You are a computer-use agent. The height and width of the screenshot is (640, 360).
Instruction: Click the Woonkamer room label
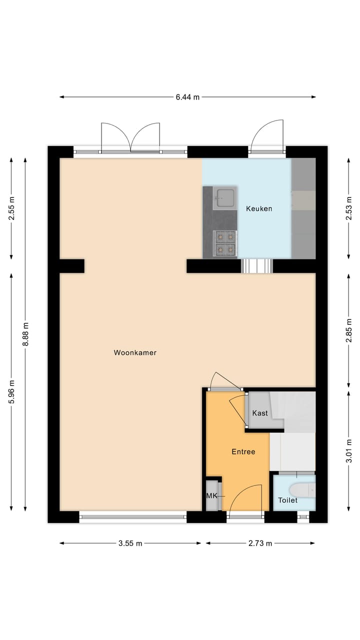(x=135, y=352)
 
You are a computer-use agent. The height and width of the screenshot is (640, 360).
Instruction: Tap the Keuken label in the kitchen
(x=259, y=208)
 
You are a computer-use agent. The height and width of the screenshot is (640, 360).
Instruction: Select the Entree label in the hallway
(x=243, y=451)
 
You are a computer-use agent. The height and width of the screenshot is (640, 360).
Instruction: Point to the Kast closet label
(x=260, y=413)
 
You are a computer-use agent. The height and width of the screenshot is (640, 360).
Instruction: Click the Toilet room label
(x=287, y=500)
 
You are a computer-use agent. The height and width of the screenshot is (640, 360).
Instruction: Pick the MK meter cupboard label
(x=211, y=495)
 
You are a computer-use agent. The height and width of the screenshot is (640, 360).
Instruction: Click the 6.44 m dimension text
(x=187, y=97)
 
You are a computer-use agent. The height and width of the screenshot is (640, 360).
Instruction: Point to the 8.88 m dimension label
(x=25, y=334)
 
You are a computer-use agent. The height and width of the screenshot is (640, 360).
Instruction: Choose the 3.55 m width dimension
(x=130, y=543)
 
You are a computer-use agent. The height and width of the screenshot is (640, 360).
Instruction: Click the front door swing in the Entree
(x=245, y=500)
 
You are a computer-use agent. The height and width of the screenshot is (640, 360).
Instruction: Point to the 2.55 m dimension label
(x=11, y=208)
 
